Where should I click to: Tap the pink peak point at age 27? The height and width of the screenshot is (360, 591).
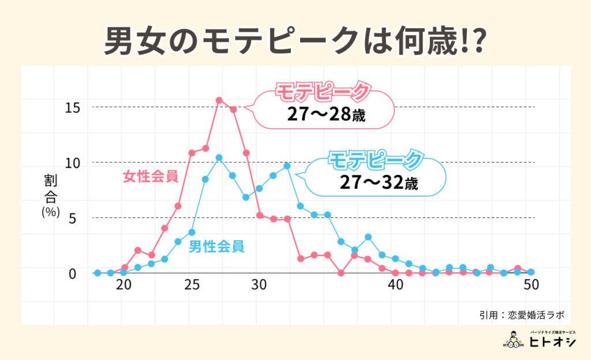[219, 100]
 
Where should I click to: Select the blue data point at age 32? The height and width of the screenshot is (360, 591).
[287, 166]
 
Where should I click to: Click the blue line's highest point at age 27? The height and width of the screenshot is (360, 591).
[219, 157]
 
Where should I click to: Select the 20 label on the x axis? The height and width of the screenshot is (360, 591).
[123, 286]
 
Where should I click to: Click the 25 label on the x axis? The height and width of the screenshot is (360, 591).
[192, 286]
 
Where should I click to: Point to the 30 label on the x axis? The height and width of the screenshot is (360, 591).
[259, 286]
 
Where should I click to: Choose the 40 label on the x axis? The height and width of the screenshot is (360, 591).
[395, 286]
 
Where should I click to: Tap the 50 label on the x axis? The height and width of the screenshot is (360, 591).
[530, 286]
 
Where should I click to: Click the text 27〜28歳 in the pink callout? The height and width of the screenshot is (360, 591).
[327, 114]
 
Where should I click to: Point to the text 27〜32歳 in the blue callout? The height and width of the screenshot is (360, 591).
[378, 184]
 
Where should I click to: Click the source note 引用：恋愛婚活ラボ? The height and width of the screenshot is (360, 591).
[521, 315]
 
